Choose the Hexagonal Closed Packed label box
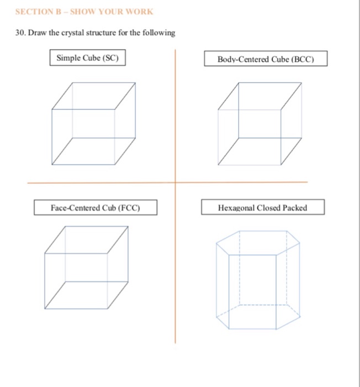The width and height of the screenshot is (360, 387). coord(263,208)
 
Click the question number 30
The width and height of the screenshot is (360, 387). coord(21,33)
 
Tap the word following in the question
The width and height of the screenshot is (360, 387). coord(160,33)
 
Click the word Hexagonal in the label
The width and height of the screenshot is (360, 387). coord(236,208)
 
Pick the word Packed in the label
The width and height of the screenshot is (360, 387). coord(295,208)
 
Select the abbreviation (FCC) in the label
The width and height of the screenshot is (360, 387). coord(128,208)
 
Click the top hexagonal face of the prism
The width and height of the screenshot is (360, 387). coord(258,242)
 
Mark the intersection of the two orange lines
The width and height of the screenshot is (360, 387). coord(176,182)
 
